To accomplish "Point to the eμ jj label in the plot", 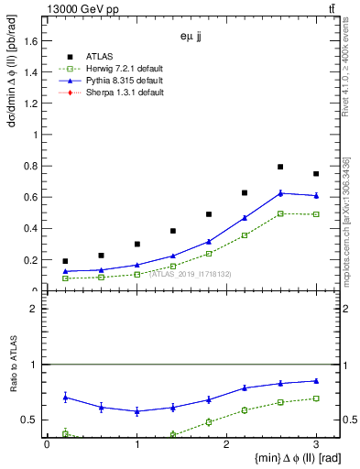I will coord(191,38).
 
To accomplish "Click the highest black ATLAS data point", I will coord(280,167).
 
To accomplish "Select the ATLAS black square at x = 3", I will coord(316,174).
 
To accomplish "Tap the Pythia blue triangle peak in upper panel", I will coord(280,192).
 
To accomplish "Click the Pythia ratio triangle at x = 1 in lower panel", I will coord(136,411).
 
